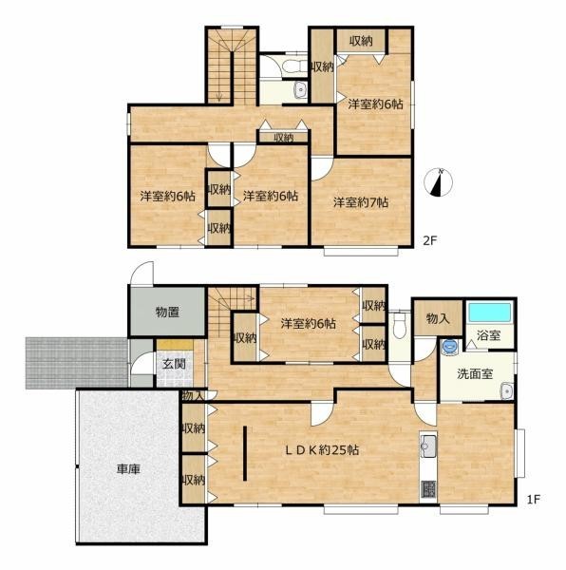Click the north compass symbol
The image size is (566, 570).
(x=439, y=182)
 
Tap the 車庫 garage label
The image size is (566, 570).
(x=128, y=469)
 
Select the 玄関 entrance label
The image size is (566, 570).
(x=174, y=364)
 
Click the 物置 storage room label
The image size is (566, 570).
(x=167, y=312)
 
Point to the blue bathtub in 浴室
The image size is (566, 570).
(x=490, y=313)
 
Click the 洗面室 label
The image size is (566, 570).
(x=475, y=373)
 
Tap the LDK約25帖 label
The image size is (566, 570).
(x=322, y=450)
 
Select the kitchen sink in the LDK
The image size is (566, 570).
(x=428, y=444)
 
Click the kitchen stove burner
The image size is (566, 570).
(x=428, y=489)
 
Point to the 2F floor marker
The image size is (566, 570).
(x=430, y=240)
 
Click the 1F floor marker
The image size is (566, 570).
(x=534, y=499)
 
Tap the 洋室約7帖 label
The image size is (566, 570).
(x=361, y=202)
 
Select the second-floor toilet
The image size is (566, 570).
(x=294, y=66)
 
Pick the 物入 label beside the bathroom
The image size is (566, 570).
(x=438, y=319)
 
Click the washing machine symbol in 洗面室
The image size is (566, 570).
(x=450, y=347)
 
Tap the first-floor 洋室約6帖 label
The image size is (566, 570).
(x=308, y=323)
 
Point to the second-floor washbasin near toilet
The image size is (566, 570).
(x=301, y=90)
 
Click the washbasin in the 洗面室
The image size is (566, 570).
(x=506, y=390)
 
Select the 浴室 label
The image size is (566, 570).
(x=489, y=335)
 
